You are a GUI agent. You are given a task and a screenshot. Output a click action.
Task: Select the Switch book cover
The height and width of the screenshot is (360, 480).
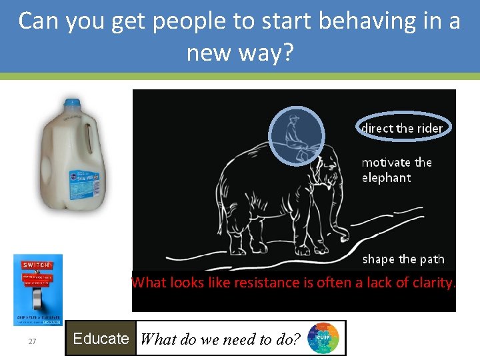click(38, 289)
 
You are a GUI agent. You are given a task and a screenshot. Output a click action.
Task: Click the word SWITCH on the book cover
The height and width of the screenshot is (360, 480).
click(37, 265)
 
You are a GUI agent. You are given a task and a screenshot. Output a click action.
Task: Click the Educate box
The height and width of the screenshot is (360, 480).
click(101, 339)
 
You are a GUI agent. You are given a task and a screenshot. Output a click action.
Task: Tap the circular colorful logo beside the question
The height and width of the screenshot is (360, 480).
click(323, 338)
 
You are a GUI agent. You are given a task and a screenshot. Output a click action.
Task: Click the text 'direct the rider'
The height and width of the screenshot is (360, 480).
click(402, 127)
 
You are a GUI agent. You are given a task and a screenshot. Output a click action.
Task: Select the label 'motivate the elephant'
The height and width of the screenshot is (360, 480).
click(397, 170)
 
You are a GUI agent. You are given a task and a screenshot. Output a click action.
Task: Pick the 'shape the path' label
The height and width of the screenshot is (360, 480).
click(403, 259)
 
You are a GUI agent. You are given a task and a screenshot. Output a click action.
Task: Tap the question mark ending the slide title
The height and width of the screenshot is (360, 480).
click(287, 51)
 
